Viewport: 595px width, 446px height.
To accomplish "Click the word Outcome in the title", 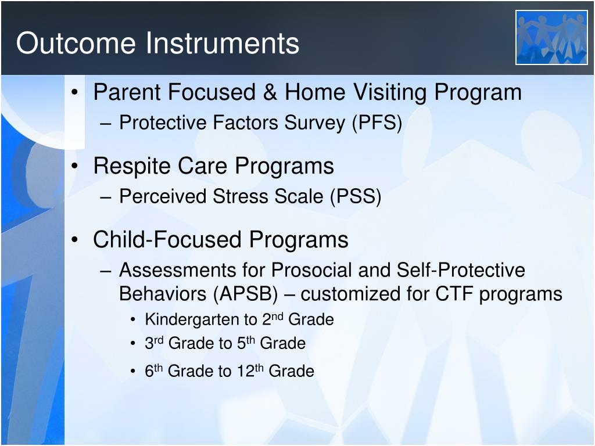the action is (76, 43).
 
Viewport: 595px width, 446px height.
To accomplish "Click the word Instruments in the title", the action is (223, 43).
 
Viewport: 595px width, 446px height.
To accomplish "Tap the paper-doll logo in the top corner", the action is (551, 38).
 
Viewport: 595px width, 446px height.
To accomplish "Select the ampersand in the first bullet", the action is (270, 92).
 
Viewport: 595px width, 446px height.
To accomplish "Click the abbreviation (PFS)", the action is (377, 123).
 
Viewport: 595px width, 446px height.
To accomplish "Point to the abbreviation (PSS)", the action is (356, 196).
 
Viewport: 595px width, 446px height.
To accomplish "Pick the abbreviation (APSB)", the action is (246, 294).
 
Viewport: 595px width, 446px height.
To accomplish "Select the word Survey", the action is (315, 123).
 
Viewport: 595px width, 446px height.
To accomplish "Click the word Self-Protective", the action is (461, 270).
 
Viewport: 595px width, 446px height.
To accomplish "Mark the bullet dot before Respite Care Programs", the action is (75, 166).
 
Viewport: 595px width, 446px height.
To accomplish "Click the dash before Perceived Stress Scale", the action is (106, 197).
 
